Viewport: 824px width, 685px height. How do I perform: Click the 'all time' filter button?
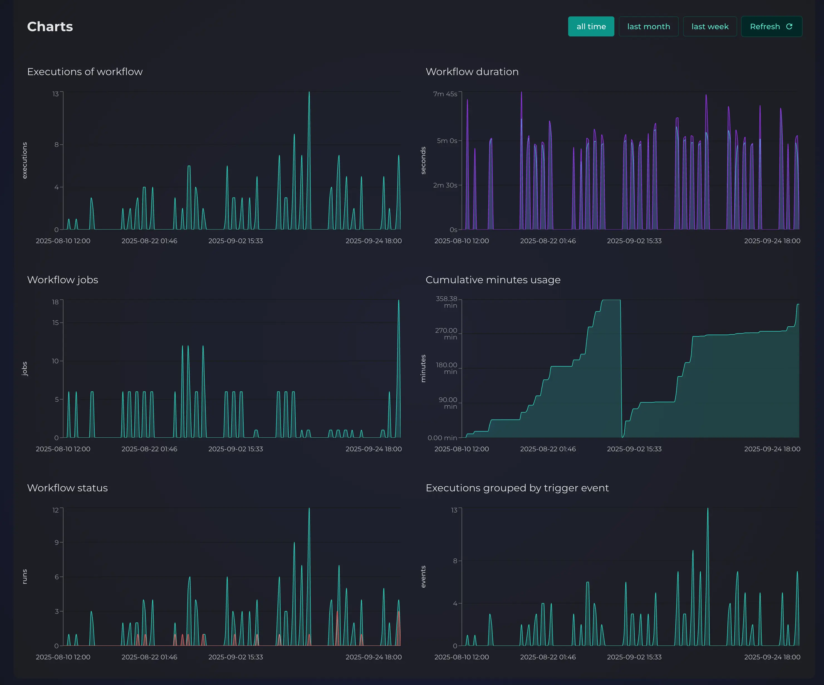point(591,27)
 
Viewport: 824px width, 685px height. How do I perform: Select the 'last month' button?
point(648,27)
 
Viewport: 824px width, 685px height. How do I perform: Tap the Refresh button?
point(771,27)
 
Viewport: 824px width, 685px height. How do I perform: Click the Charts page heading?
point(50,27)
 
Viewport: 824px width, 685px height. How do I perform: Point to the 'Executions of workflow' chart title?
point(85,72)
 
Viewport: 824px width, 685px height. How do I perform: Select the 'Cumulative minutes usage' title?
point(493,280)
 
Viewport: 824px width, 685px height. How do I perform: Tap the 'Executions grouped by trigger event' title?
point(517,488)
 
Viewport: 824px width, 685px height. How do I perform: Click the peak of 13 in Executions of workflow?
point(309,93)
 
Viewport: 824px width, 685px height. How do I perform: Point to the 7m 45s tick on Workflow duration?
point(445,94)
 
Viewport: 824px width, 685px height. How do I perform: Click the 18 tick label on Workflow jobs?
point(55,302)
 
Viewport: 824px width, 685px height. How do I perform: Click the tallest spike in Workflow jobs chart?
point(399,301)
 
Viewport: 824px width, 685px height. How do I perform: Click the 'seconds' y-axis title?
point(423,160)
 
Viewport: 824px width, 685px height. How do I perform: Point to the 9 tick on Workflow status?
point(57,542)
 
